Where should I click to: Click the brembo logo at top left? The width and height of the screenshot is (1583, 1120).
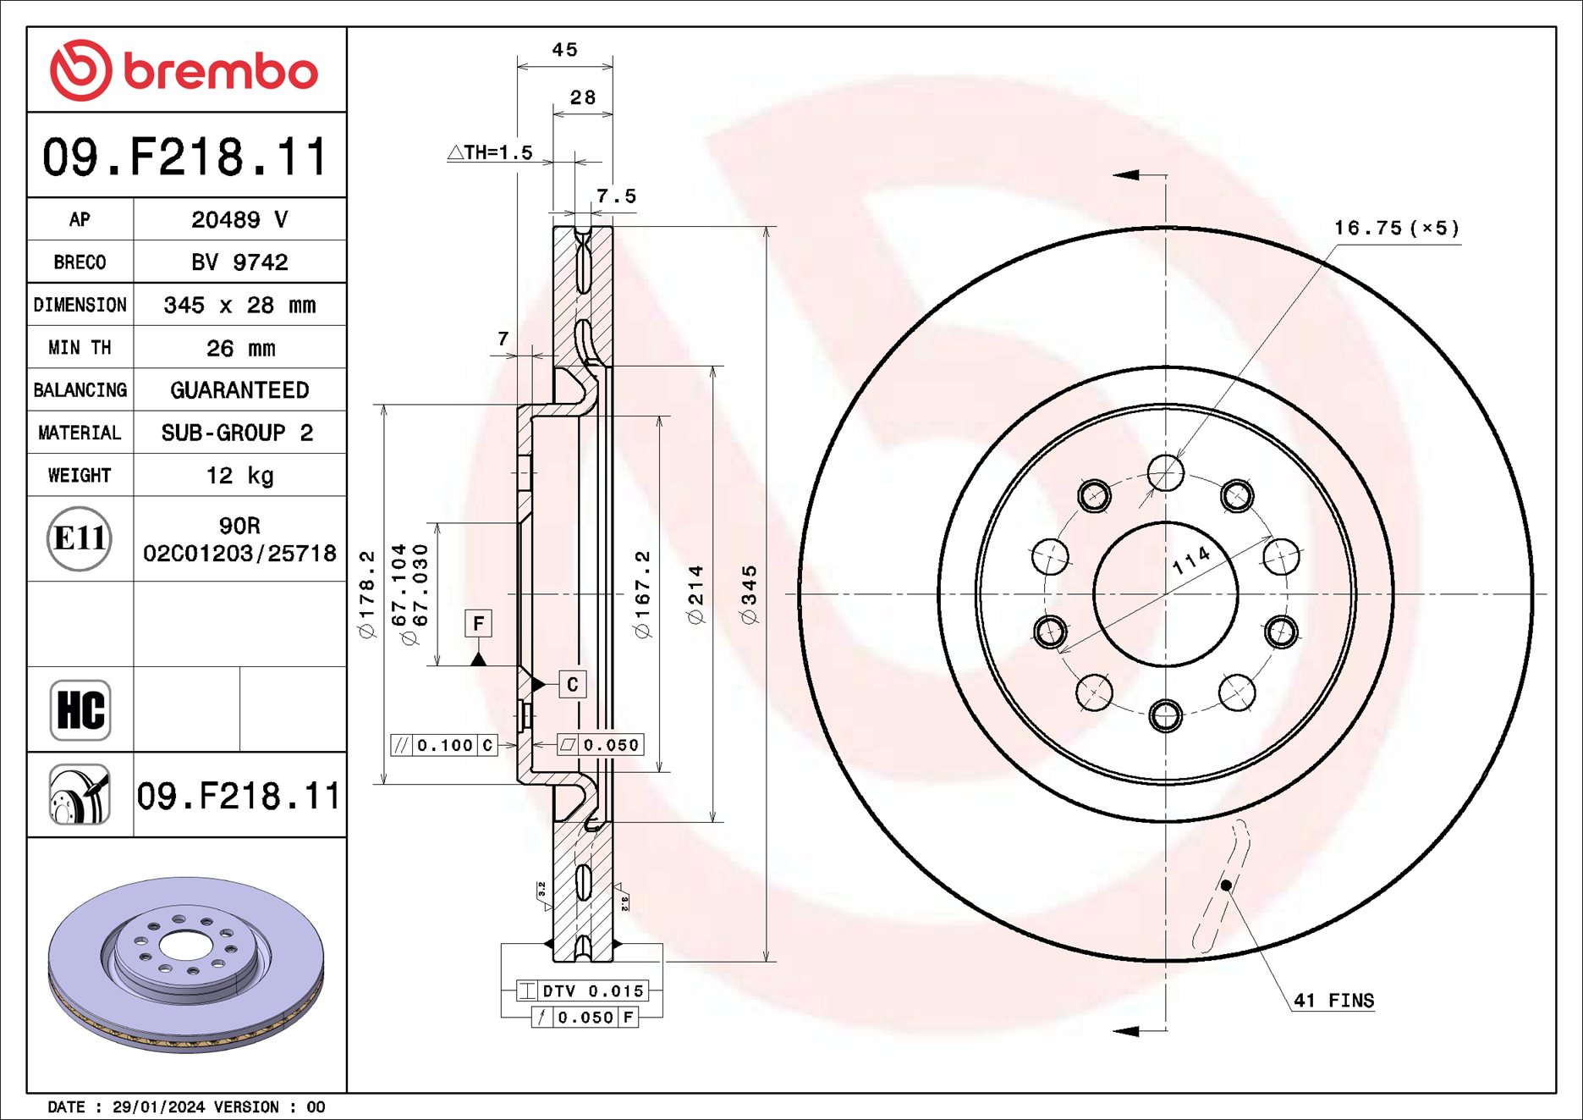click(x=184, y=70)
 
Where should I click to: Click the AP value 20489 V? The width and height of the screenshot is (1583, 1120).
click(x=239, y=219)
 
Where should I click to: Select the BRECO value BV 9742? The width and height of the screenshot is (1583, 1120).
click(x=239, y=262)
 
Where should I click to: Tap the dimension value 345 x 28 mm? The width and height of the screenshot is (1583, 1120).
click(x=239, y=305)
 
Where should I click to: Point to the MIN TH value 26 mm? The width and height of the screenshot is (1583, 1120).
click(x=239, y=348)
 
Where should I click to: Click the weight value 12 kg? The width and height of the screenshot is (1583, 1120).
click(x=239, y=475)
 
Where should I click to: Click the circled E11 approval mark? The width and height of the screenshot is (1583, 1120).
click(x=80, y=538)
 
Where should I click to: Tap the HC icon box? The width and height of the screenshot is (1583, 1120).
click(x=80, y=709)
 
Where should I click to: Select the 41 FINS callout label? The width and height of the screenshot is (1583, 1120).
click(x=1333, y=1000)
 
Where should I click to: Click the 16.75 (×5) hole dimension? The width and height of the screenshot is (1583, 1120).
click(x=1396, y=228)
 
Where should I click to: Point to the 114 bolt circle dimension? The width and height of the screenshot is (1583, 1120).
click(x=1191, y=560)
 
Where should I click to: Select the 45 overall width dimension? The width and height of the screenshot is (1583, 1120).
click(x=564, y=50)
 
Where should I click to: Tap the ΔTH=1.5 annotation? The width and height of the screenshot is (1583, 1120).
click(x=491, y=152)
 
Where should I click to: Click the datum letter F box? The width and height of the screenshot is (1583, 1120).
click(x=479, y=624)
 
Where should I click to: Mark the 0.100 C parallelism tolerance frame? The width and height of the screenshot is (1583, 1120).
click(x=443, y=745)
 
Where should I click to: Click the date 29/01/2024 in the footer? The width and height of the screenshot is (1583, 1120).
click(x=158, y=1106)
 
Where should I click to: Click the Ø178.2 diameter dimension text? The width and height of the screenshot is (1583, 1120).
click(x=366, y=594)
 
